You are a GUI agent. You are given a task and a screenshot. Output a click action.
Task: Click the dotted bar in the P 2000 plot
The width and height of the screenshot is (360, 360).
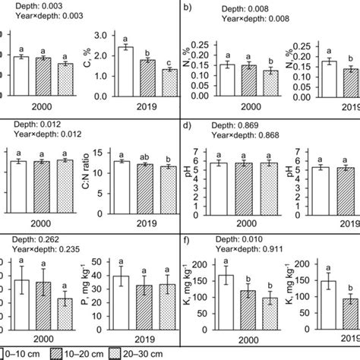click(66, 313)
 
